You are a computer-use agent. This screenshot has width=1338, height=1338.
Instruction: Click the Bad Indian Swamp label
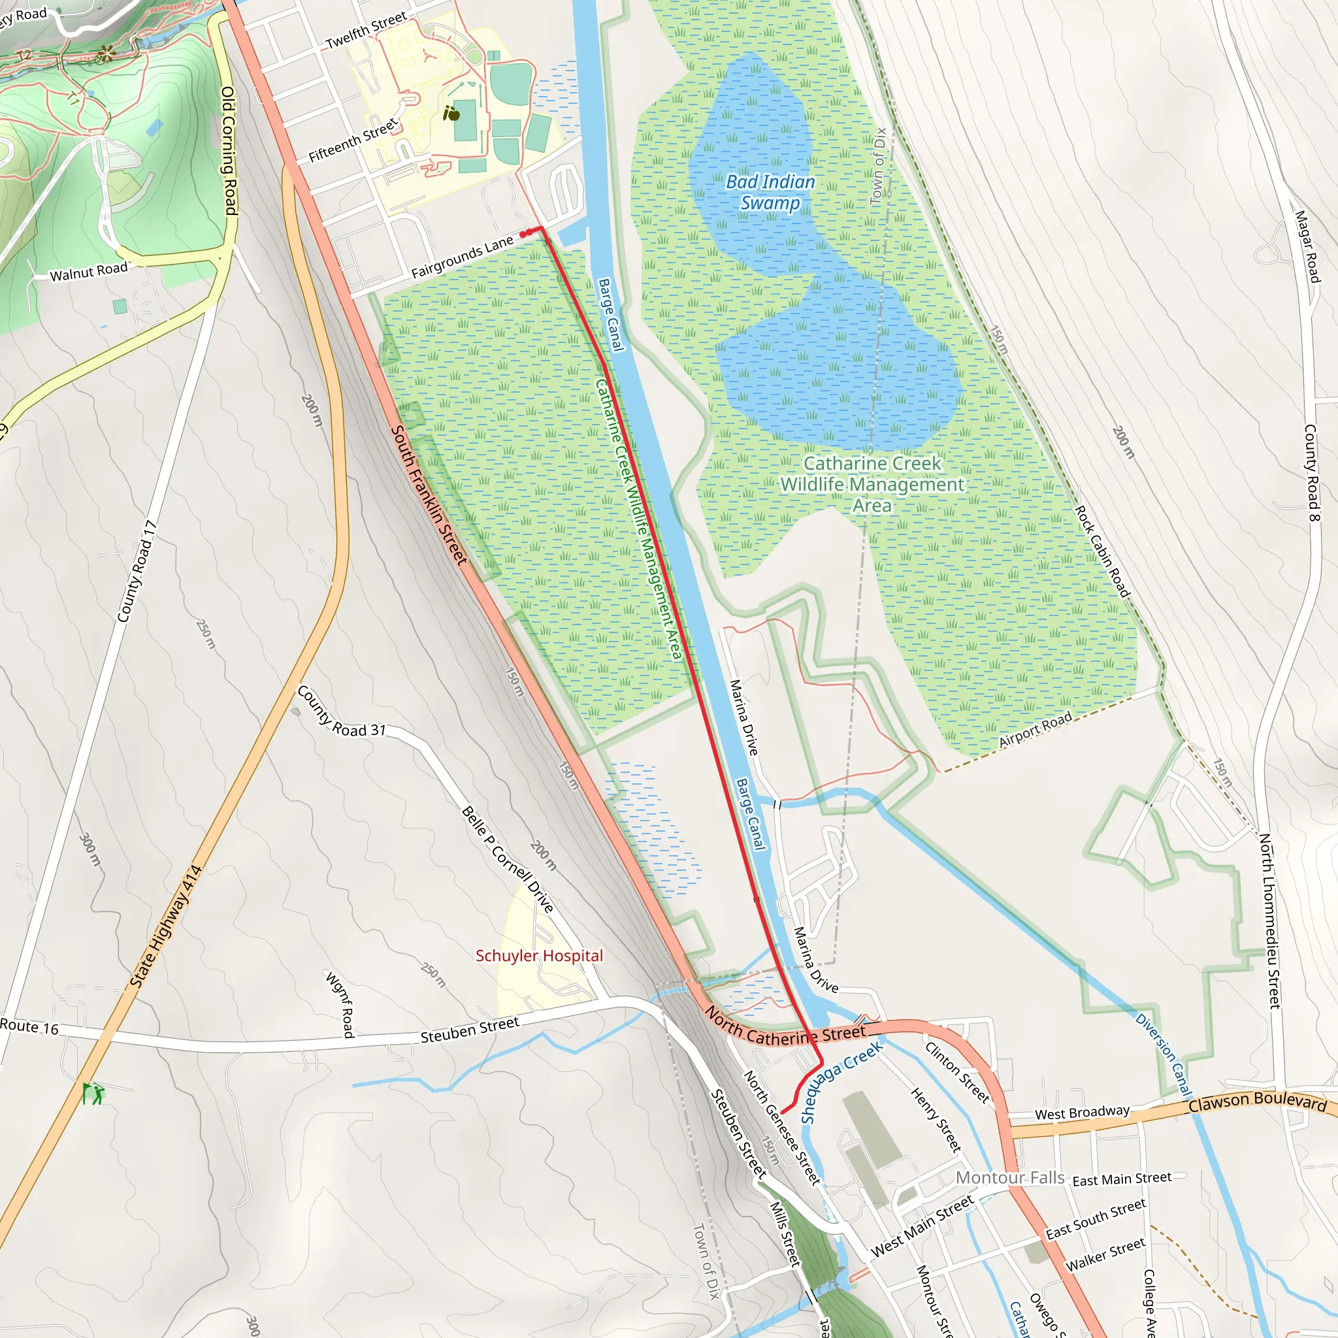click(x=770, y=192)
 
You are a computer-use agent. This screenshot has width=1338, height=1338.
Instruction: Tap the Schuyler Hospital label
click(x=539, y=956)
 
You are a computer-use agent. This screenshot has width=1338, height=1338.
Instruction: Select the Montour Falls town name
click(x=1010, y=1177)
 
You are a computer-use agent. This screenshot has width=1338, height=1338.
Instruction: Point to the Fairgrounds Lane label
click(x=462, y=256)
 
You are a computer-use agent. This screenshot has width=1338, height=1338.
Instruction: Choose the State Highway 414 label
click(x=165, y=926)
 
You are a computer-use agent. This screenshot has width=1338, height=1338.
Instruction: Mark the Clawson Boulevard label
click(x=1257, y=1102)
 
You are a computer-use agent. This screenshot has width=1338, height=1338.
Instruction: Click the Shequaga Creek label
click(x=841, y=1082)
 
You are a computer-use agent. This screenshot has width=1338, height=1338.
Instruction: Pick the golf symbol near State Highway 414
click(x=93, y=1094)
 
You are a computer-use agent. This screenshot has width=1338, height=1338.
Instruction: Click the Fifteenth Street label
click(x=353, y=140)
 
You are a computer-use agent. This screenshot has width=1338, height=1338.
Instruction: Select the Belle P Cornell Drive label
click(x=507, y=858)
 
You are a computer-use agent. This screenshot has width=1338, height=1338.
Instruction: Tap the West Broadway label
click(x=1082, y=1112)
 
